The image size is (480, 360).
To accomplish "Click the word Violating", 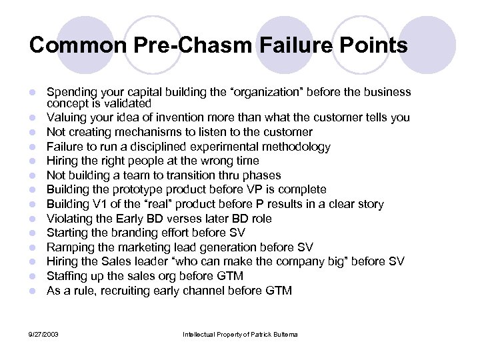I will click(x=69, y=219).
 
